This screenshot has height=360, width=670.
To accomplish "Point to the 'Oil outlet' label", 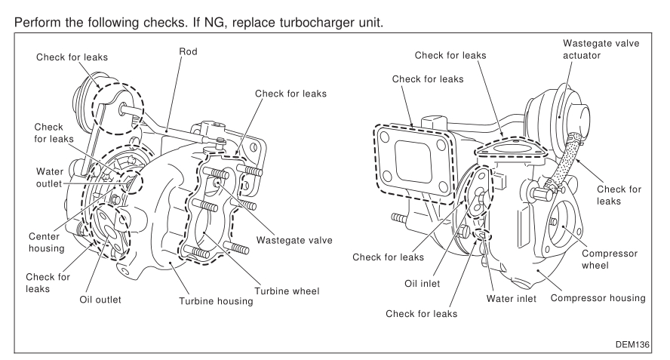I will tap(101, 298).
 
